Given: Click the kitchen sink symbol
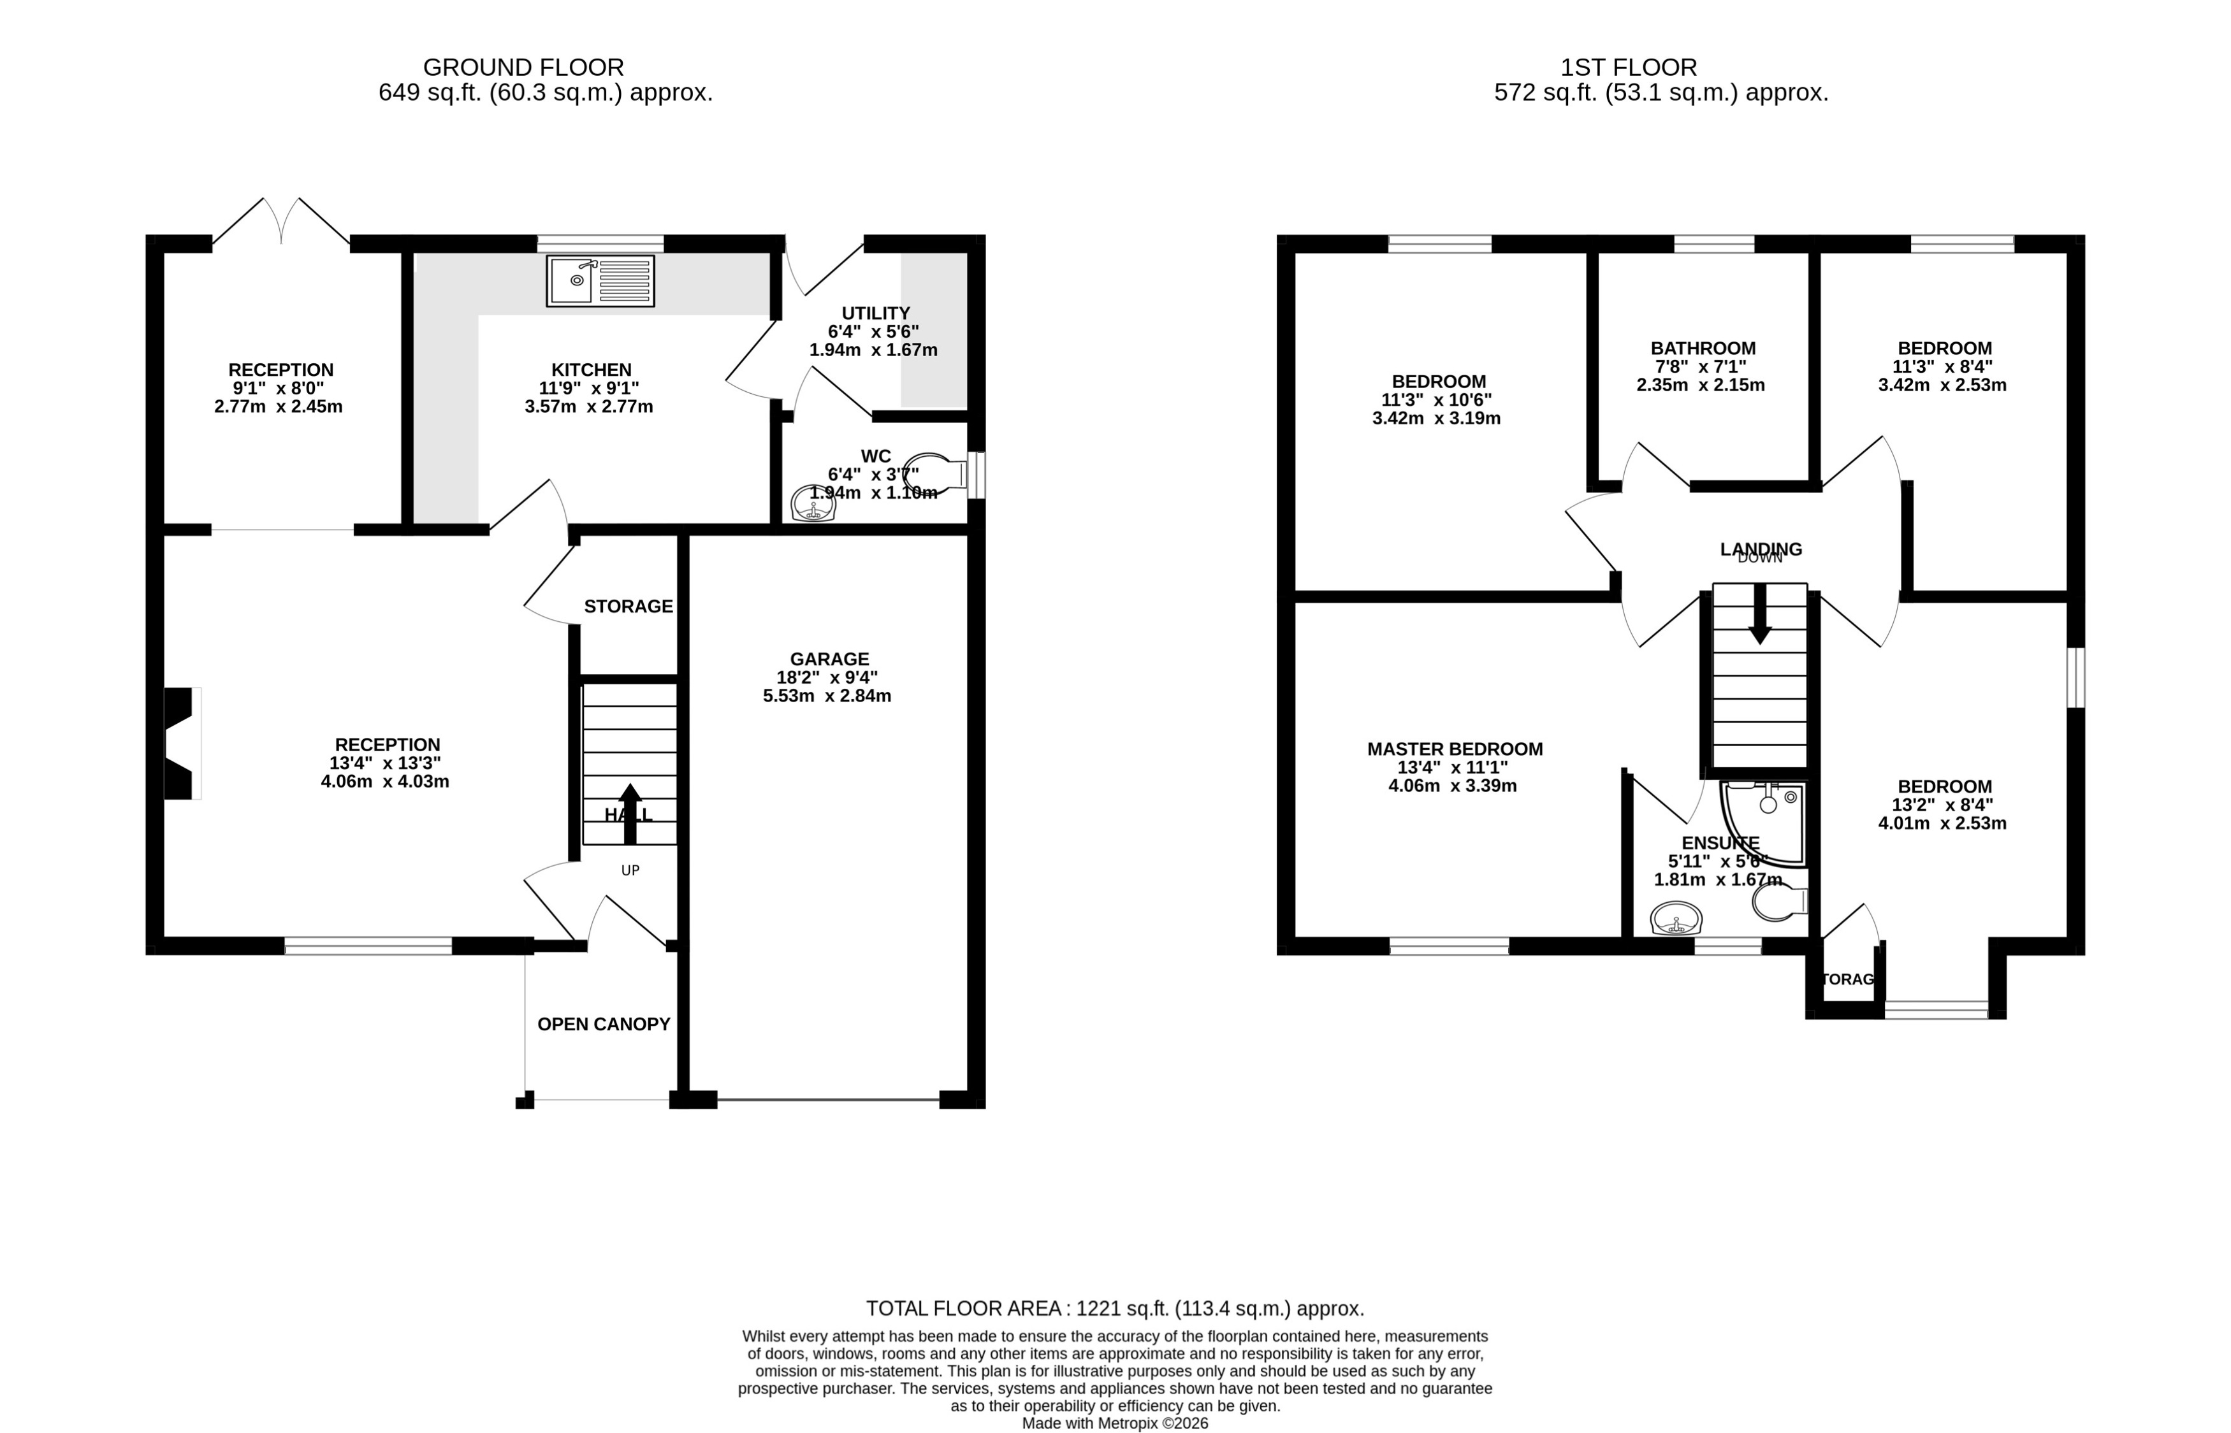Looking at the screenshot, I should click(x=600, y=280).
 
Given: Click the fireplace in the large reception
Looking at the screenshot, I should click(x=182, y=744).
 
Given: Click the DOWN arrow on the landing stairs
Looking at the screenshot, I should click(x=1759, y=614).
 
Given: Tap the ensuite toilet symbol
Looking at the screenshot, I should click(x=1778, y=902).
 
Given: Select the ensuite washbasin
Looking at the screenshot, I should click(x=1676, y=920).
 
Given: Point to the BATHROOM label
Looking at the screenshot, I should click(x=1703, y=348).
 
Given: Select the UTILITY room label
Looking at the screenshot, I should click(x=875, y=313).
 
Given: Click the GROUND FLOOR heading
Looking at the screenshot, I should click(x=523, y=67).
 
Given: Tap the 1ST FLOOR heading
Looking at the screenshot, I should click(x=1628, y=67).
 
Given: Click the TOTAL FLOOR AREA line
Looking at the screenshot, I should click(x=1114, y=1308).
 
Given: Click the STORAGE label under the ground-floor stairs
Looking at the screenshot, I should click(x=629, y=607).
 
